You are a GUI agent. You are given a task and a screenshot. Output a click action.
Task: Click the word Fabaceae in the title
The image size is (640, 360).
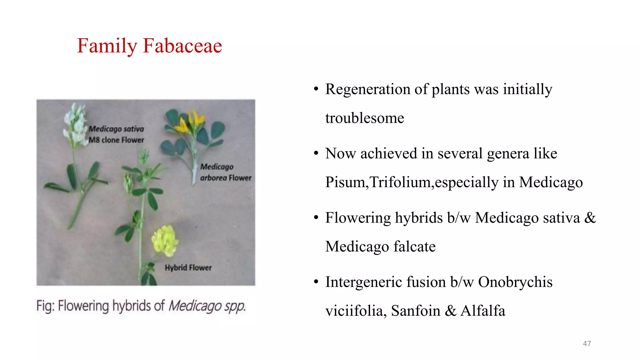coord(182,46)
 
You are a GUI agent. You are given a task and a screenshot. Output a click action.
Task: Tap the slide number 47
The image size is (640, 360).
coord(587,343)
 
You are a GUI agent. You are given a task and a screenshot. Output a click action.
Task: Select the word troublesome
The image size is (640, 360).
coord(364,118)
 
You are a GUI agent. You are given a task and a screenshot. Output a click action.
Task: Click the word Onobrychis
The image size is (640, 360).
coord(515,282)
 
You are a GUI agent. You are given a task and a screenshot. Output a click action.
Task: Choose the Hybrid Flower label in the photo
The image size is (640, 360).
coord(188,268)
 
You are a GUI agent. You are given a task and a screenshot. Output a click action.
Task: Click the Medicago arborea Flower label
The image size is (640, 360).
coord(225,172)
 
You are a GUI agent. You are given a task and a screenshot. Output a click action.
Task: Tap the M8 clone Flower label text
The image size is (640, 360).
coord(116,140)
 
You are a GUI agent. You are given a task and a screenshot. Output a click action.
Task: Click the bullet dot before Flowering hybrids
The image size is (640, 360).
coord(316,218)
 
